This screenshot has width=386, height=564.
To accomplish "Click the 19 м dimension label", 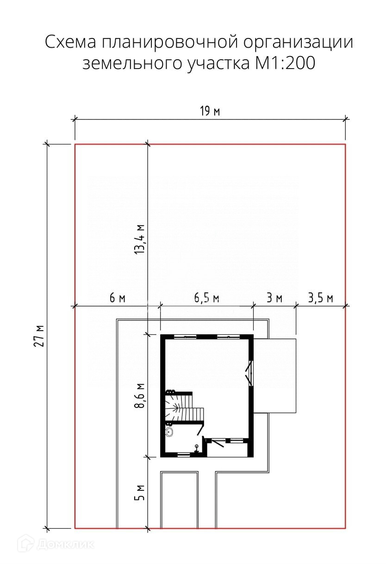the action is click(210, 111).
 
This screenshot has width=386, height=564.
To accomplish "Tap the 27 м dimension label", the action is click(39, 336).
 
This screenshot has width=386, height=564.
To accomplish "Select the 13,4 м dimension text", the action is click(140, 238).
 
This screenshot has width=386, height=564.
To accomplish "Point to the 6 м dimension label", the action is click(117, 298).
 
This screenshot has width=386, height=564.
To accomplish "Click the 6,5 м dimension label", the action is click(206, 298).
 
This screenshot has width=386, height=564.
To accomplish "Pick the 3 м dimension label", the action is click(274, 298).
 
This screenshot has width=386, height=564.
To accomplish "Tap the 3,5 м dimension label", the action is click(321, 298).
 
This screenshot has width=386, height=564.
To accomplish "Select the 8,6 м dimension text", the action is click(140, 395).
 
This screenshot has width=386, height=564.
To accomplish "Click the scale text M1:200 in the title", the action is click(286, 63).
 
